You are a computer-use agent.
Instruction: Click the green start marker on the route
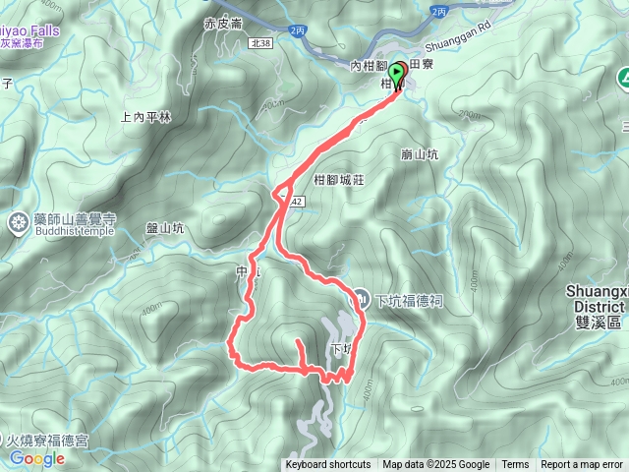click(398, 72)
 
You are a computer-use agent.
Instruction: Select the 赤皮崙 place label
click(222, 24)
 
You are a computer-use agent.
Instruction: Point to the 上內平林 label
click(145, 116)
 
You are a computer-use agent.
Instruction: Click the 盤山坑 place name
click(165, 228)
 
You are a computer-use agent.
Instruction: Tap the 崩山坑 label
click(420, 154)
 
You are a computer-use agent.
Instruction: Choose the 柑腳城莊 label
click(339, 180)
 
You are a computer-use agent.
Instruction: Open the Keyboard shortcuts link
click(328, 465)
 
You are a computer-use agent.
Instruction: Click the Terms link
click(515, 465)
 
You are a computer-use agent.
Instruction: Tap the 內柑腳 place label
click(369, 65)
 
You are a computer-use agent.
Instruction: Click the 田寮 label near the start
click(421, 62)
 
